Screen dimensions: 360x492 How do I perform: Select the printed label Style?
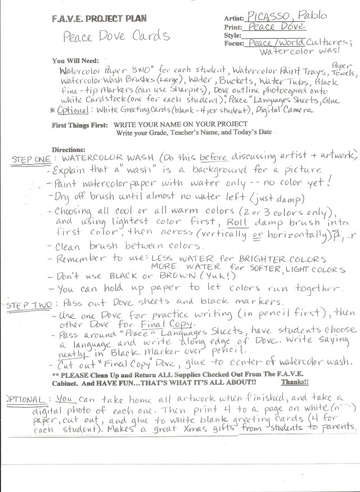[233, 35]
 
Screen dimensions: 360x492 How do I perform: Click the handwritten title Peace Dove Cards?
[117, 37]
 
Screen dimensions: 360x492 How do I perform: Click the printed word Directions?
[68, 150]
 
